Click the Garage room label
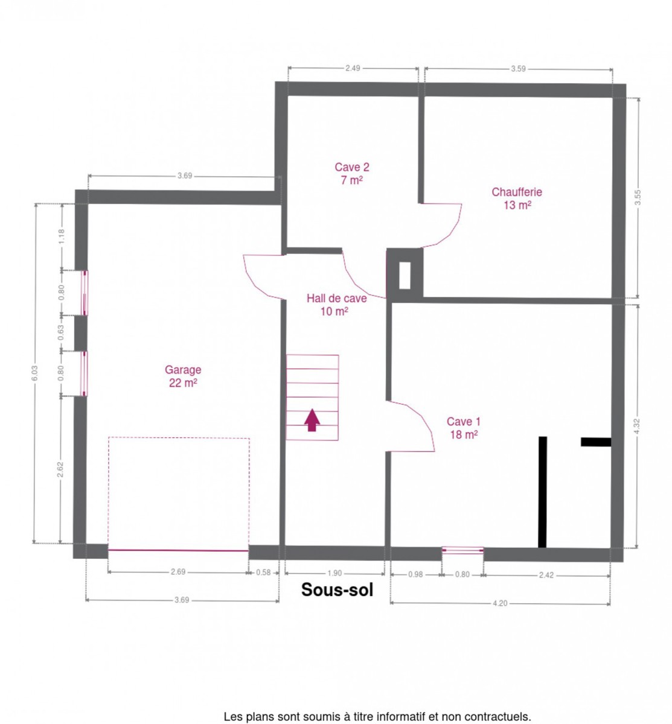point(183,376)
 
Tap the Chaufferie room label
point(517,198)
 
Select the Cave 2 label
point(352,174)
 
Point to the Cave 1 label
point(463,428)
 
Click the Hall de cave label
point(336,305)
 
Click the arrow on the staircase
point(312,420)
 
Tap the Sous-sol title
point(337,589)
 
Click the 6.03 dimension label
point(34,373)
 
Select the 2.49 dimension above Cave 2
point(353,68)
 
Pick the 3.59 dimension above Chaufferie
point(518,69)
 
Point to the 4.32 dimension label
point(637,426)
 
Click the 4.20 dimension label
point(500,603)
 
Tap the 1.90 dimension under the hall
point(334,573)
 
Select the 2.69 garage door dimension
point(178,571)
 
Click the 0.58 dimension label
point(263,573)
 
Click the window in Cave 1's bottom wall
point(462,550)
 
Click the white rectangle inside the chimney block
point(405,276)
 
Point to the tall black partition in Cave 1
point(542,492)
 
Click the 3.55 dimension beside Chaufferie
point(638,197)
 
